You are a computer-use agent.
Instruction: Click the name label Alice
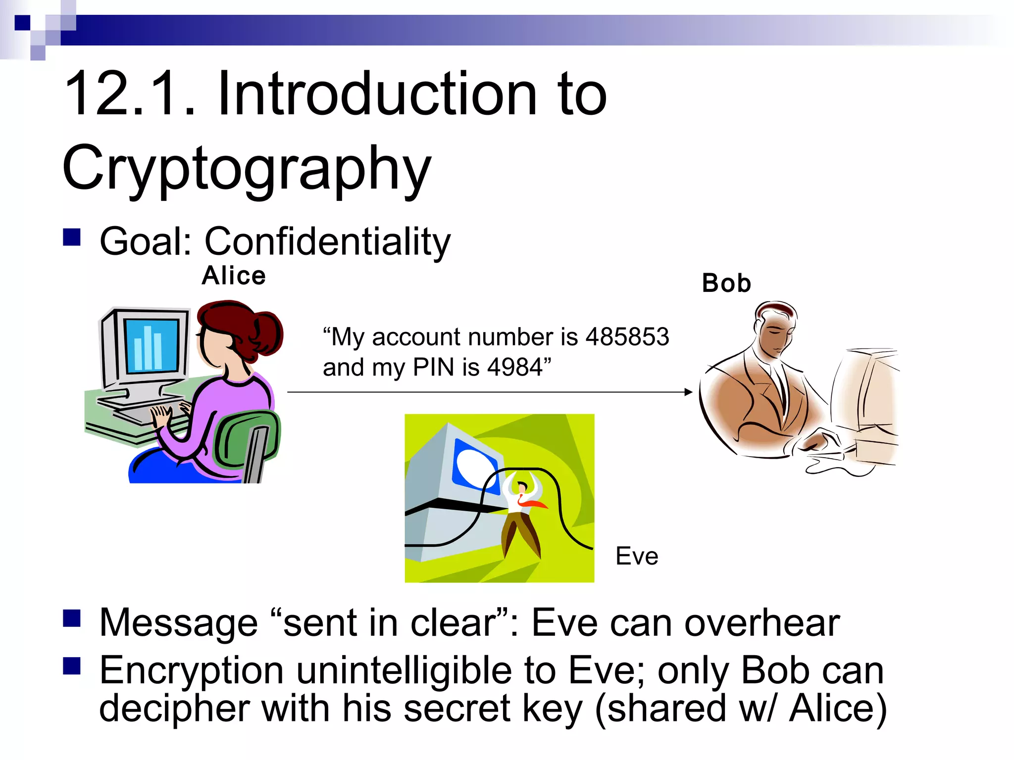coord(234,276)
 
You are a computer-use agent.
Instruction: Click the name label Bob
coord(726,284)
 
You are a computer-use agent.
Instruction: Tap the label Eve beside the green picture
coord(637,556)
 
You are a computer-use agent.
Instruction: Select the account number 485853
coord(627,337)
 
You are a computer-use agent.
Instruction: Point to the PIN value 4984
coord(515,368)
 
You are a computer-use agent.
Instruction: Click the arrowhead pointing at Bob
coord(688,392)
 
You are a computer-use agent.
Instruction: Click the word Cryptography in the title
coord(247,168)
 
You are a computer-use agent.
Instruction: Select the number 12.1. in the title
coord(130,94)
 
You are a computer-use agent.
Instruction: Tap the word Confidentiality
coord(327,241)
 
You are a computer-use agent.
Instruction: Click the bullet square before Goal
coord(72,237)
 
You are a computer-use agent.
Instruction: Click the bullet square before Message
coord(72,618)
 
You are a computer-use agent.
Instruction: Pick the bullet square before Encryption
coord(72,666)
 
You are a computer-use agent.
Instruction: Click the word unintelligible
coord(404,671)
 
